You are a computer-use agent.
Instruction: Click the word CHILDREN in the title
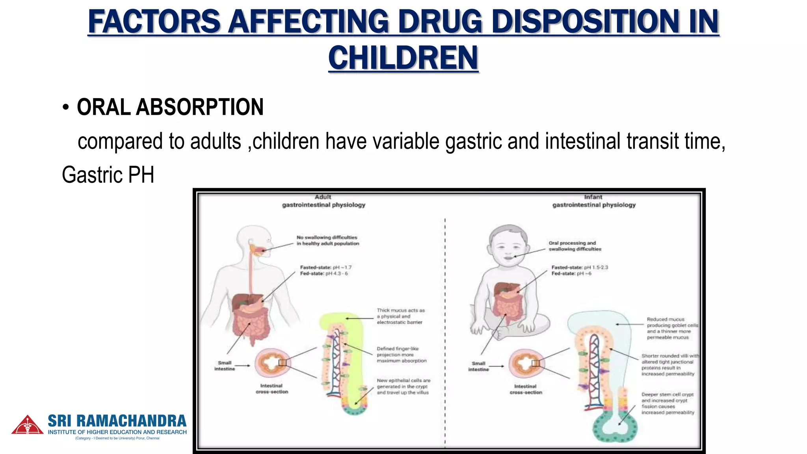pos(403,58)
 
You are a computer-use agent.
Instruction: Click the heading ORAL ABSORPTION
pos(170,107)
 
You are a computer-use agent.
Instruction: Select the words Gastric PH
pos(108,175)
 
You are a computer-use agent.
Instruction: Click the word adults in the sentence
pos(216,141)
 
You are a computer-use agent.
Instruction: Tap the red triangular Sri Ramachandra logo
pos(27,425)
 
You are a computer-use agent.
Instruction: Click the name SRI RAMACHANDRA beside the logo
pos(117,421)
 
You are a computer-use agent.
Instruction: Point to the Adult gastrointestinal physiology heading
pos(324,201)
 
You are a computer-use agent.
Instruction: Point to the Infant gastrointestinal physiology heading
pos(593,201)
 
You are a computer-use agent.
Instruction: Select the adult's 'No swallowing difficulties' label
pos(327,240)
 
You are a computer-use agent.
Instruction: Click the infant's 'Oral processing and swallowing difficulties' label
pos(575,246)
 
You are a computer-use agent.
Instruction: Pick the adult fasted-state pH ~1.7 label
pos(325,268)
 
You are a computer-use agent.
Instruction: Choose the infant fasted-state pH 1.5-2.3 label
pos(580,268)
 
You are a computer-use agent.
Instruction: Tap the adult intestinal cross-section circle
pos(272,363)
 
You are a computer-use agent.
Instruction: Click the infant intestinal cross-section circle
pos(526,363)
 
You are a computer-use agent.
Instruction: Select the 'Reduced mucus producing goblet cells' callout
pos(672,328)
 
